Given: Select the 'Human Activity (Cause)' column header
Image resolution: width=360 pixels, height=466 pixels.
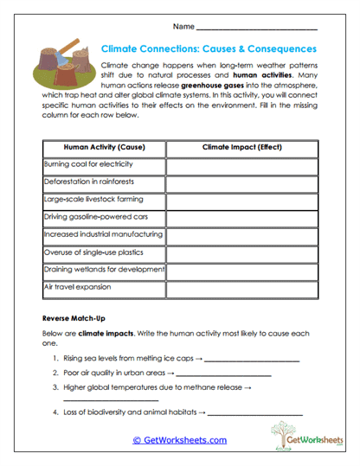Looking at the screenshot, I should [x=104, y=148].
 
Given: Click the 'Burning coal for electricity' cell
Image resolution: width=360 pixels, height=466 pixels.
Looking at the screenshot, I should [x=104, y=165].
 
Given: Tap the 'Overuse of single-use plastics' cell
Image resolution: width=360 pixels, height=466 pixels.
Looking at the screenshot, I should [x=104, y=252].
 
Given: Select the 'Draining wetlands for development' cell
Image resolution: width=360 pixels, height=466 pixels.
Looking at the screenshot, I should [x=104, y=270].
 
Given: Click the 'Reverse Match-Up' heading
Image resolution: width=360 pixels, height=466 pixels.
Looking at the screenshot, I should [x=75, y=317].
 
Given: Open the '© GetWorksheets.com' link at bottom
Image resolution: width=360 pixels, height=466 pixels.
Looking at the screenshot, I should [x=179, y=440].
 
